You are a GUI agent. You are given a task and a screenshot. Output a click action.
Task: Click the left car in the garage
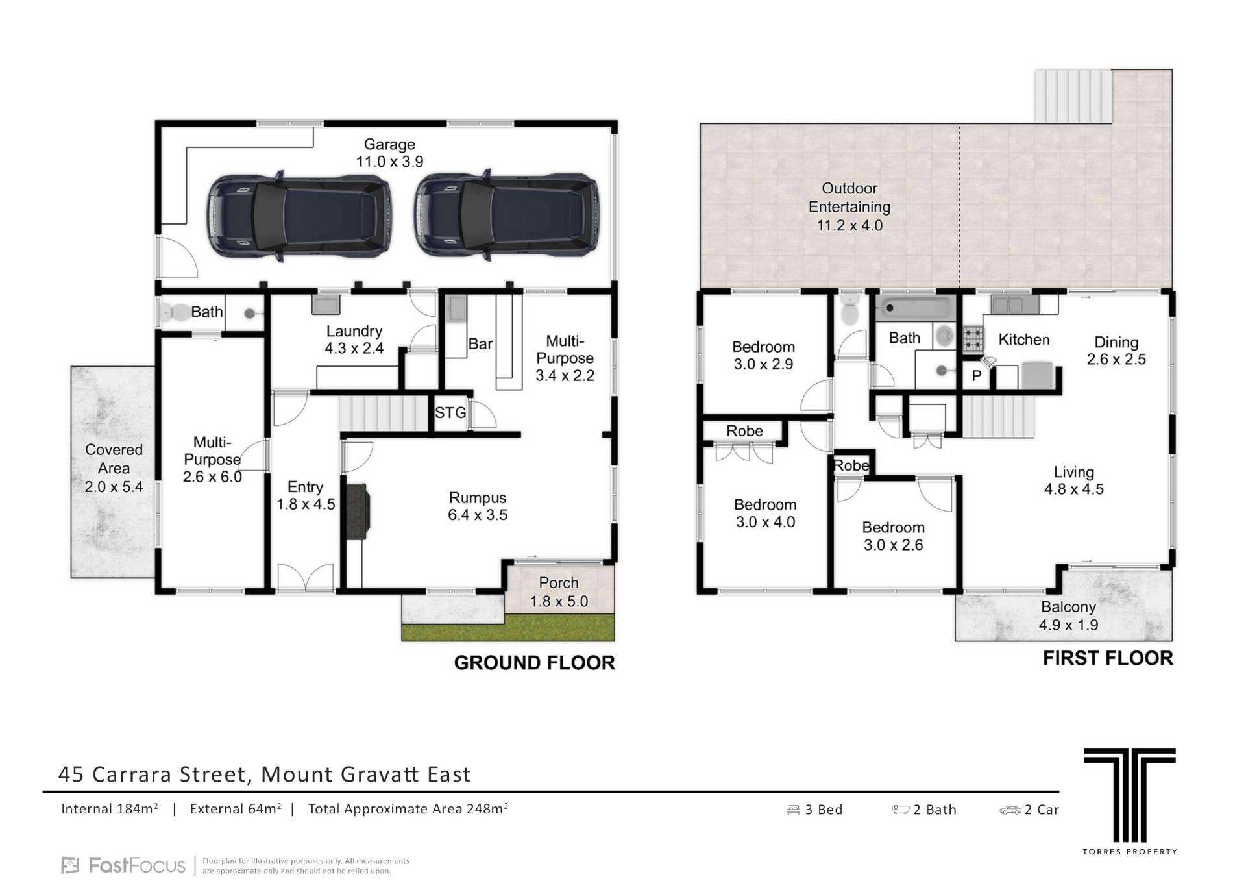(x=300, y=216)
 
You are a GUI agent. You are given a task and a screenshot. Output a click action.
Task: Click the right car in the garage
(x=507, y=216)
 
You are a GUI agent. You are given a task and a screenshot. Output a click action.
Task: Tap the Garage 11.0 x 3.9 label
(x=389, y=153)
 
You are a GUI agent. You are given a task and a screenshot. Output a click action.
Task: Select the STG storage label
(x=450, y=412)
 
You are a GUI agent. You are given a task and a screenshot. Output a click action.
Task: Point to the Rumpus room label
(x=478, y=506)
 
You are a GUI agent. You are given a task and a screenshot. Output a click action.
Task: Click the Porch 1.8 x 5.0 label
(x=559, y=592)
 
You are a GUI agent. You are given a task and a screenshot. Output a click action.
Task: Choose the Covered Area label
(x=114, y=468)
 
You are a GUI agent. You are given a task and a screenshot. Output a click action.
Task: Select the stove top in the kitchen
(x=971, y=338)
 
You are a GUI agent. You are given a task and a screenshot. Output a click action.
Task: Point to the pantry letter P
(x=977, y=376)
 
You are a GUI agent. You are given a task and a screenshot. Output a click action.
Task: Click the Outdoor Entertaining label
(x=849, y=206)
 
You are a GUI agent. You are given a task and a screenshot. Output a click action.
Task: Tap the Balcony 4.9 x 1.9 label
(x=1068, y=615)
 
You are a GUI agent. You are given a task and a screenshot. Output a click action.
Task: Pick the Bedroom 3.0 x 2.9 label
(x=763, y=355)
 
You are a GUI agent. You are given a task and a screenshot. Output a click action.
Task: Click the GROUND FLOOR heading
(x=534, y=663)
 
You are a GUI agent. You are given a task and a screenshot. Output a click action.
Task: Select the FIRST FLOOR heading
(x=1108, y=658)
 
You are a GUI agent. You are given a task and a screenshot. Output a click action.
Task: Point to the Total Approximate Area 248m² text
(x=408, y=809)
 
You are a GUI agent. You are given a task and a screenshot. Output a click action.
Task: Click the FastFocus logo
(x=123, y=865)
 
